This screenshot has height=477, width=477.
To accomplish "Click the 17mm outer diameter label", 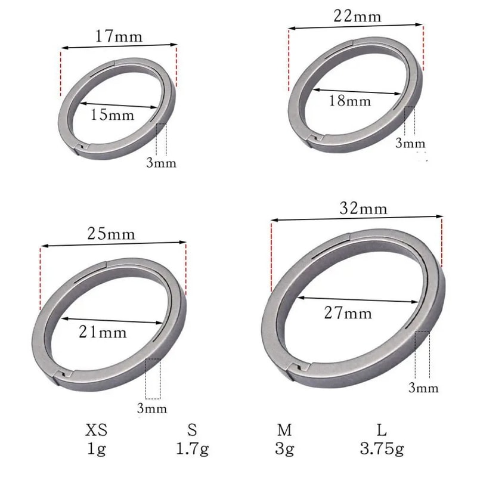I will (119, 36).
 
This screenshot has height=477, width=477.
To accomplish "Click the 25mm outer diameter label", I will (111, 233).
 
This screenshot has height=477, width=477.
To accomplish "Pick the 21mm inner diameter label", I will (103, 331).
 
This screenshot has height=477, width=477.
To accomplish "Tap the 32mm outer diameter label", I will (363, 209).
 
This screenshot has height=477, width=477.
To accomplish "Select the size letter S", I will (192, 430).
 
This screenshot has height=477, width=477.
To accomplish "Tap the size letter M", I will (285, 430).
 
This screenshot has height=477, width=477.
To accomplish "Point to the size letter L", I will (382, 430).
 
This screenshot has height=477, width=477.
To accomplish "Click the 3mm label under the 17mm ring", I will (161, 163).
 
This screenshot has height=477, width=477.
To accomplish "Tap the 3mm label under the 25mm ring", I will (152, 408).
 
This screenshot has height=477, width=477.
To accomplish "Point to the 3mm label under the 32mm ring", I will (423, 388).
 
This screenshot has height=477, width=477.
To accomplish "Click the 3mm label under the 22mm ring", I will (411, 143).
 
